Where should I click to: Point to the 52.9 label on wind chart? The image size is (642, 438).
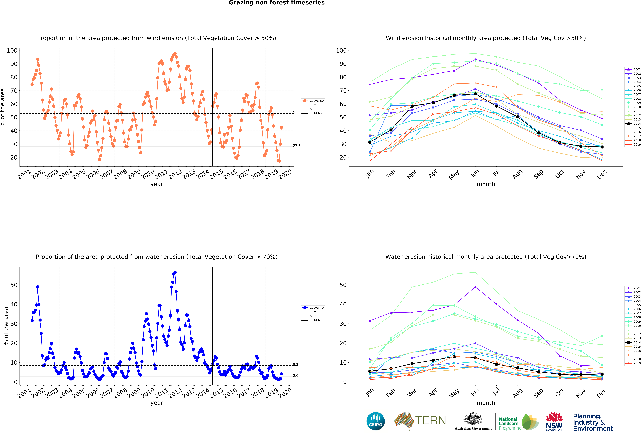297,112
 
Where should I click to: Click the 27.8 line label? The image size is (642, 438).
297,146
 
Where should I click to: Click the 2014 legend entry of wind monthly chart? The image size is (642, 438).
633,124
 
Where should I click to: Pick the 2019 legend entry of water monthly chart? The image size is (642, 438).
633,363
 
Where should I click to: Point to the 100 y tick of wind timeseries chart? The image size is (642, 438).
12,51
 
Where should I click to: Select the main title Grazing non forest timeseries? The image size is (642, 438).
277,3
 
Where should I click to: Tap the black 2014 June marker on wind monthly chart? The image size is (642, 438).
475,94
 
